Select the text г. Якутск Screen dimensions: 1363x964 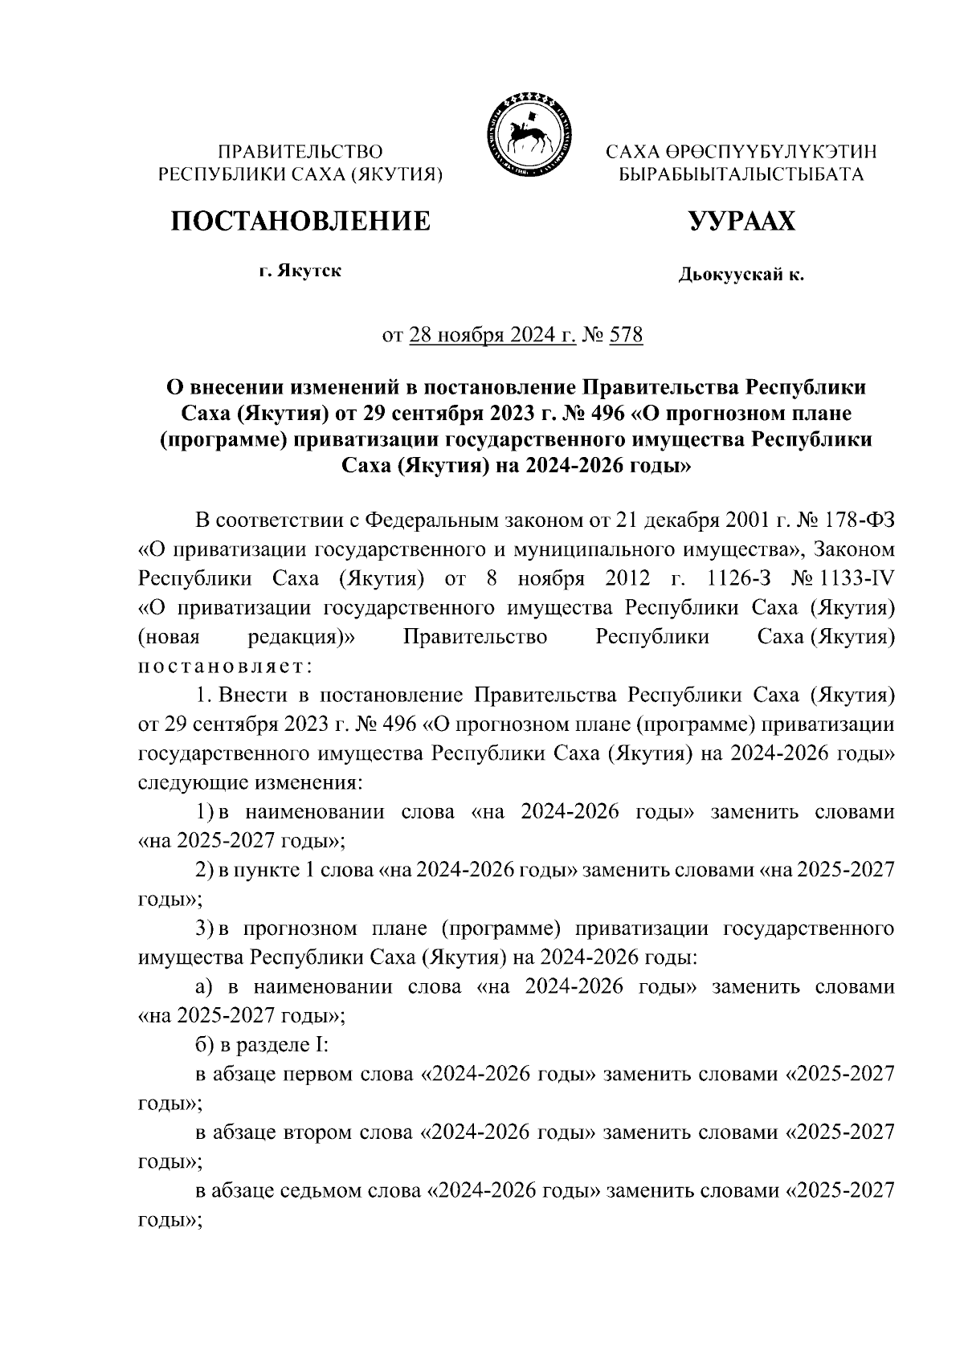tap(300, 271)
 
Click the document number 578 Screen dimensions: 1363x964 tap(627, 334)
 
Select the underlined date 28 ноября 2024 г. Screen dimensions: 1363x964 tap(492, 334)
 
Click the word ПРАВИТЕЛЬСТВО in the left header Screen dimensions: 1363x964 tap(301, 151)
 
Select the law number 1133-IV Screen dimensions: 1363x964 tap(863, 578)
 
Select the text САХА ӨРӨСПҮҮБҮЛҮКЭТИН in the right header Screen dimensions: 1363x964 tap(741, 151)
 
